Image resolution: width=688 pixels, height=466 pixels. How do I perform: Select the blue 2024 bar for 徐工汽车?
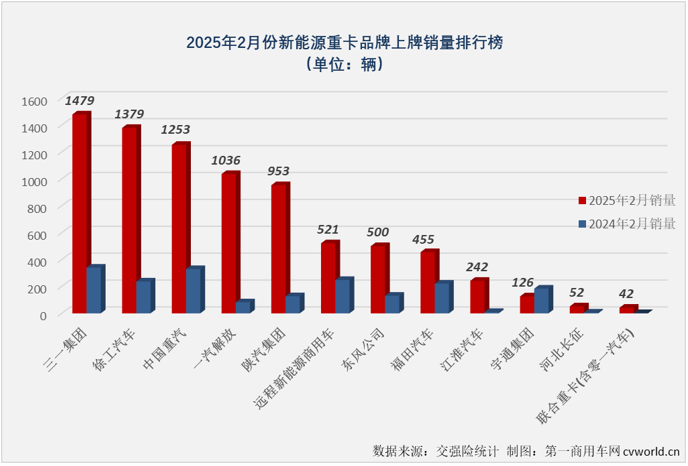145,296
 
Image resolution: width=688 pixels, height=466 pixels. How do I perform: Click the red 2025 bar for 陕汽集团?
278,248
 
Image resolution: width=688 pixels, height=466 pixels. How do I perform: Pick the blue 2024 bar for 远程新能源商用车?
343,295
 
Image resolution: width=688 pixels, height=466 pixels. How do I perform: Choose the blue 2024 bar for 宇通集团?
543,300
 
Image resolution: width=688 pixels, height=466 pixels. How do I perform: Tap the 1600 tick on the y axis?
33,101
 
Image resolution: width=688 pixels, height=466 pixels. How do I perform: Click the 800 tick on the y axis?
37,208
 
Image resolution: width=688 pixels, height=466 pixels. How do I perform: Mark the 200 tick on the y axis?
37,288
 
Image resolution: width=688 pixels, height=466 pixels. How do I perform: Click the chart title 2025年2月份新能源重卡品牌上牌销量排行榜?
344,42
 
